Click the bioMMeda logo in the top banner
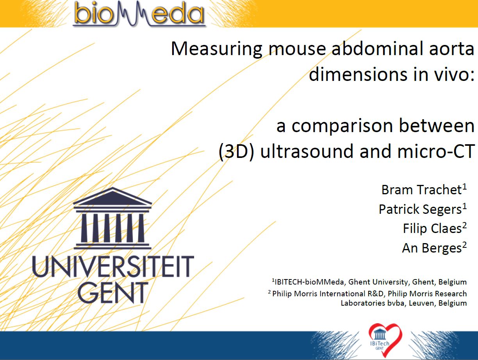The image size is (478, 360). (x=139, y=14)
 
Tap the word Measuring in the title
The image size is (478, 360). (x=217, y=49)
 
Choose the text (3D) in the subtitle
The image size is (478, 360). (x=236, y=151)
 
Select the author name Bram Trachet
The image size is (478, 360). (x=421, y=190)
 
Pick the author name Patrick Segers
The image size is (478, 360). (x=420, y=210)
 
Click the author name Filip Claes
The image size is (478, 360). (x=432, y=229)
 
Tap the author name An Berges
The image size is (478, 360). (x=432, y=248)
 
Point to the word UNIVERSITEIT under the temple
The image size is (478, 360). (x=113, y=266)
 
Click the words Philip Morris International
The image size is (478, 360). (x=319, y=294)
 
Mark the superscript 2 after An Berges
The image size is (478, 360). (x=464, y=245)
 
